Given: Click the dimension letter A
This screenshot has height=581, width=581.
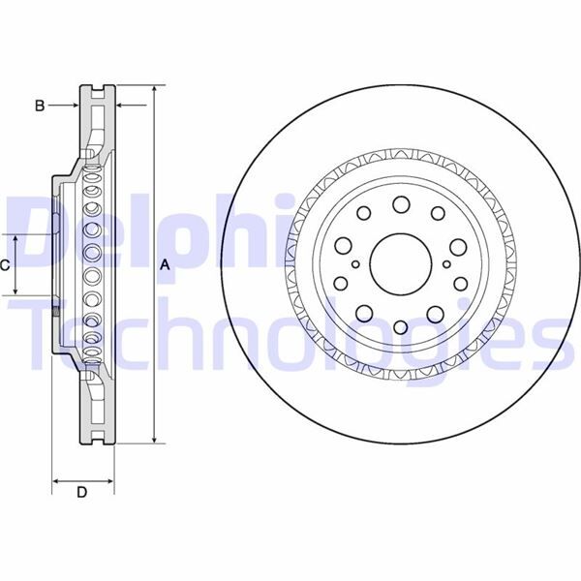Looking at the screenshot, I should pyautogui.click(x=165, y=264).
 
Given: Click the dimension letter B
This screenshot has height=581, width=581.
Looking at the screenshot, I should pyautogui.click(x=40, y=105).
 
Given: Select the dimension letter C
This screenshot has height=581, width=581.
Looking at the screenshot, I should pyautogui.click(x=5, y=264).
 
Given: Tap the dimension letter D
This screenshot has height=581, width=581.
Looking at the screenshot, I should pyautogui.click(x=82, y=493).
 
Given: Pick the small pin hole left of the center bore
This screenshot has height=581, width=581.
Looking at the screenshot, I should pyautogui.click(x=356, y=264).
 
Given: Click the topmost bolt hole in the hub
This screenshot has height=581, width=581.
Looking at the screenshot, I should pyautogui.click(x=400, y=205).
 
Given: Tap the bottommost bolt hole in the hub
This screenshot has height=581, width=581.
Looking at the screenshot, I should pyautogui.click(x=400, y=323).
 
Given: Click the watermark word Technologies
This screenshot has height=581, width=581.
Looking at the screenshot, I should pyautogui.click(x=290, y=329).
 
